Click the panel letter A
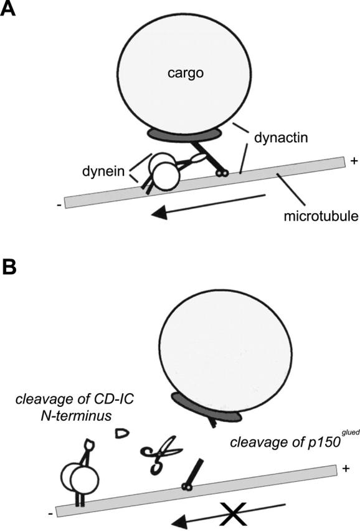[x=7, y=9]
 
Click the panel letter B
[x=9, y=267]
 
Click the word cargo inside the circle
[x=186, y=74]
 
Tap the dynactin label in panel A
[x=281, y=138]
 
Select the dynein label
[x=103, y=171]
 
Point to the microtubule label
[x=321, y=216]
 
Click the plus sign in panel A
[x=354, y=161]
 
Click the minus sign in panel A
[x=59, y=205]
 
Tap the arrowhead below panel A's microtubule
[x=160, y=213]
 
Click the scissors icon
[x=160, y=454]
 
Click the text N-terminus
[x=76, y=416]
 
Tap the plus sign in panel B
[x=346, y=468]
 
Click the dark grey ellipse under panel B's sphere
[x=206, y=408]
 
